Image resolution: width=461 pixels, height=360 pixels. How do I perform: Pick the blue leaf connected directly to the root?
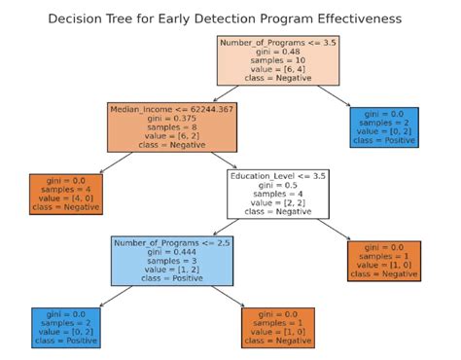[384, 127]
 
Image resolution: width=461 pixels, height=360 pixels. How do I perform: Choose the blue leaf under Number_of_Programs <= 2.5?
[67, 328]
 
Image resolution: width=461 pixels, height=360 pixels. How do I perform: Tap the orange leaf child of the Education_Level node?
[384, 260]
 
